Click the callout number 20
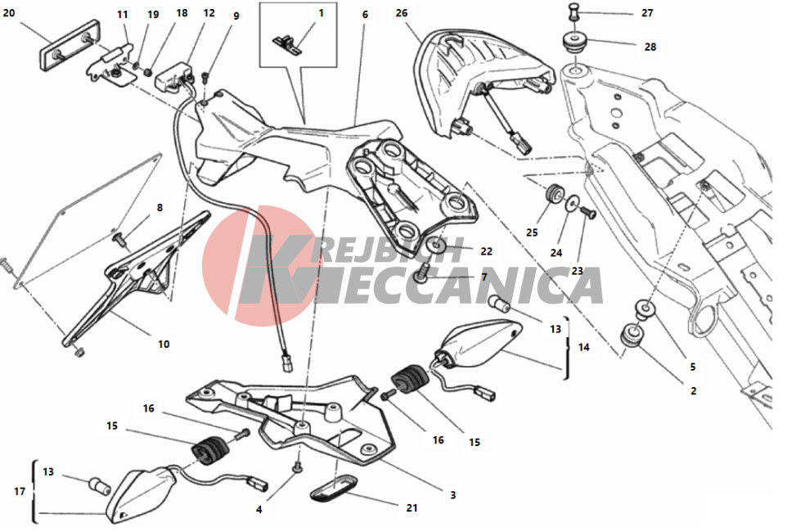tap(9, 13)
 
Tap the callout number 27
tap(647, 13)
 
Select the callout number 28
tap(650, 47)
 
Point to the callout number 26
tap(402, 13)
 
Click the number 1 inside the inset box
tap(322, 13)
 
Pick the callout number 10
tap(164, 344)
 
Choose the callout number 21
tap(411, 508)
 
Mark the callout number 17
tap(20, 491)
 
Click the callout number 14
tap(584, 348)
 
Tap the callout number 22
tap(486, 251)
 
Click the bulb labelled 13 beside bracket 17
tap(100, 485)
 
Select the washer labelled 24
tap(571, 205)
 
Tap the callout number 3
tap(453, 495)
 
